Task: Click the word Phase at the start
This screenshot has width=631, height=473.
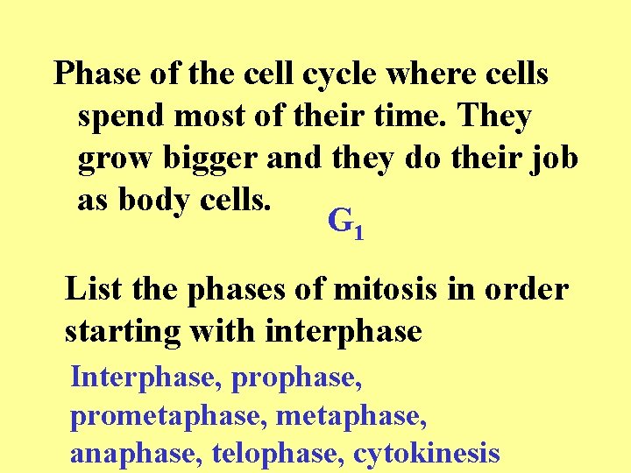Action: pos(97,75)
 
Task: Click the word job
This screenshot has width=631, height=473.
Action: pos(554,159)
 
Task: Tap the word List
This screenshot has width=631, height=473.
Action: pos(94,289)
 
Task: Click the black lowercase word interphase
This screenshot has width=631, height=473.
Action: pos(343,332)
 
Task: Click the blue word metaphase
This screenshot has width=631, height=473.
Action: pos(351,416)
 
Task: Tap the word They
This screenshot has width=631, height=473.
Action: pos(493,117)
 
